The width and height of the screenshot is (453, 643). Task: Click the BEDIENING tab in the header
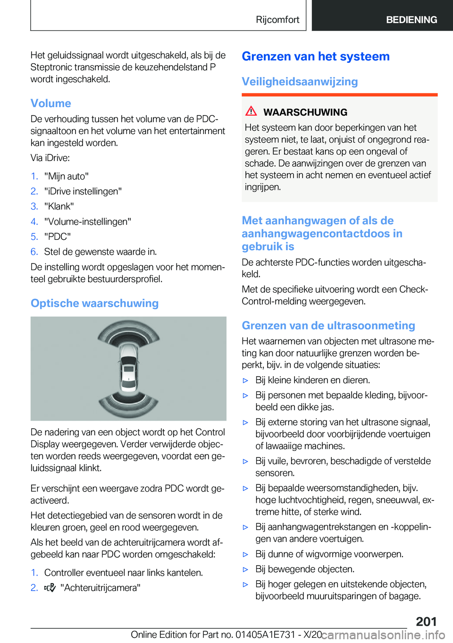click(411, 20)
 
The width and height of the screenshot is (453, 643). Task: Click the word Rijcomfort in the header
click(277, 20)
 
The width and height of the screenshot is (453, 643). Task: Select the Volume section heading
click(51, 103)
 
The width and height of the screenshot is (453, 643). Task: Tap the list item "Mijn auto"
click(67, 176)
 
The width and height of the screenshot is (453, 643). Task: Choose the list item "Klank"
click(59, 206)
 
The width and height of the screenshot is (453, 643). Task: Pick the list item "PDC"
click(58, 237)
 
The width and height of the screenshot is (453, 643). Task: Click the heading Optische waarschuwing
click(94, 303)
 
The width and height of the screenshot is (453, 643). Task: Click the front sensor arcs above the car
click(128, 333)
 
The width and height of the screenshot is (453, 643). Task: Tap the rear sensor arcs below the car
click(128, 402)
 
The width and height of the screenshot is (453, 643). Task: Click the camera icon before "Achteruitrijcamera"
click(50, 588)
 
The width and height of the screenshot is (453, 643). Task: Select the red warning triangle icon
click(251, 111)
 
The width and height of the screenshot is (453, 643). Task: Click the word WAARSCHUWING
click(305, 112)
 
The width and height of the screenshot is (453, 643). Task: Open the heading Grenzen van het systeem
click(316, 57)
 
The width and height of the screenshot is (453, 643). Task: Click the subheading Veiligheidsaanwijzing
click(300, 82)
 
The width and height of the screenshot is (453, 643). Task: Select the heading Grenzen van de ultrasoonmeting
click(328, 326)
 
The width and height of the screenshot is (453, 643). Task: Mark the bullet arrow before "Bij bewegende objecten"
click(245, 569)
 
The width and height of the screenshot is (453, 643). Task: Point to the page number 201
click(426, 621)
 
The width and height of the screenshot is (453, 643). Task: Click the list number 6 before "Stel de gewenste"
click(34, 252)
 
